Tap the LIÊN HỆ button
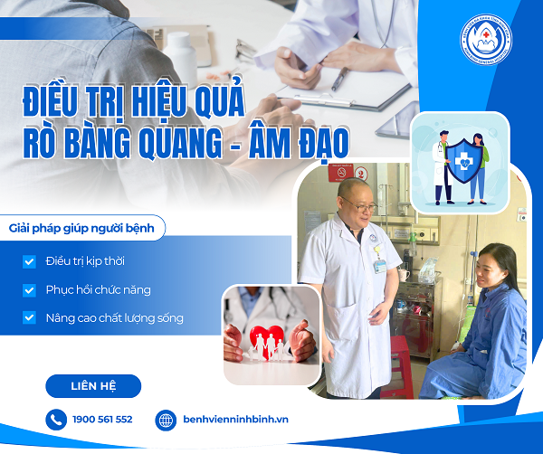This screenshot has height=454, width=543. point(93,386)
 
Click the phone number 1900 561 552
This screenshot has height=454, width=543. point(101,420)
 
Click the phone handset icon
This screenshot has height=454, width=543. point(56,420)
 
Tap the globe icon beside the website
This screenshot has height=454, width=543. point(166,420)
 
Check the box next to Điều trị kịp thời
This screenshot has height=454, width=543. point(30,261)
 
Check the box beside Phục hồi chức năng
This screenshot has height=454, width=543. point(30,290)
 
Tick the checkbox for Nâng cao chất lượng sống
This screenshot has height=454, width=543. point(30,318)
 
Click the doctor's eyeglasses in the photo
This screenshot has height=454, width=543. point(360,207)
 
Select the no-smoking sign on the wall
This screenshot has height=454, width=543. point(342,172)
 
